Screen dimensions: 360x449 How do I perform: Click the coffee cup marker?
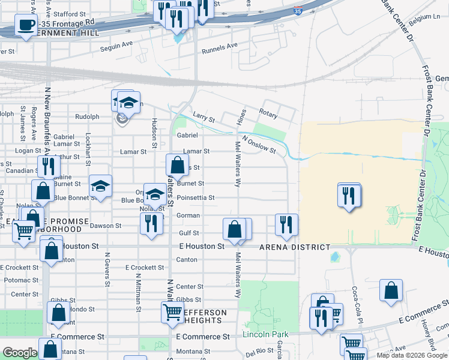25,26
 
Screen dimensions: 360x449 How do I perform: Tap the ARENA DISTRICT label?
294,247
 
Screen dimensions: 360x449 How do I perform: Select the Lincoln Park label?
265,334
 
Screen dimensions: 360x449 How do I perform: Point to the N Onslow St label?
259,145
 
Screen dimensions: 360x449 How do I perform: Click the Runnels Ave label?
220,45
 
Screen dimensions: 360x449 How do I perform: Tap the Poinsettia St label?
195,197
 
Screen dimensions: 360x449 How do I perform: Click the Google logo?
19,353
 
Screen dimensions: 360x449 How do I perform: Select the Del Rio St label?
259,352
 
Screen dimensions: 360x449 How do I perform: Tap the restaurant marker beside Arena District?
287,224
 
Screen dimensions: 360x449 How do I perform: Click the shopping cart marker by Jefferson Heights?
172,312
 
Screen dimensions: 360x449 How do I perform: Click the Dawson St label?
106,226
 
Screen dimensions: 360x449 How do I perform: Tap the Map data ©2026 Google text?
411,355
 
